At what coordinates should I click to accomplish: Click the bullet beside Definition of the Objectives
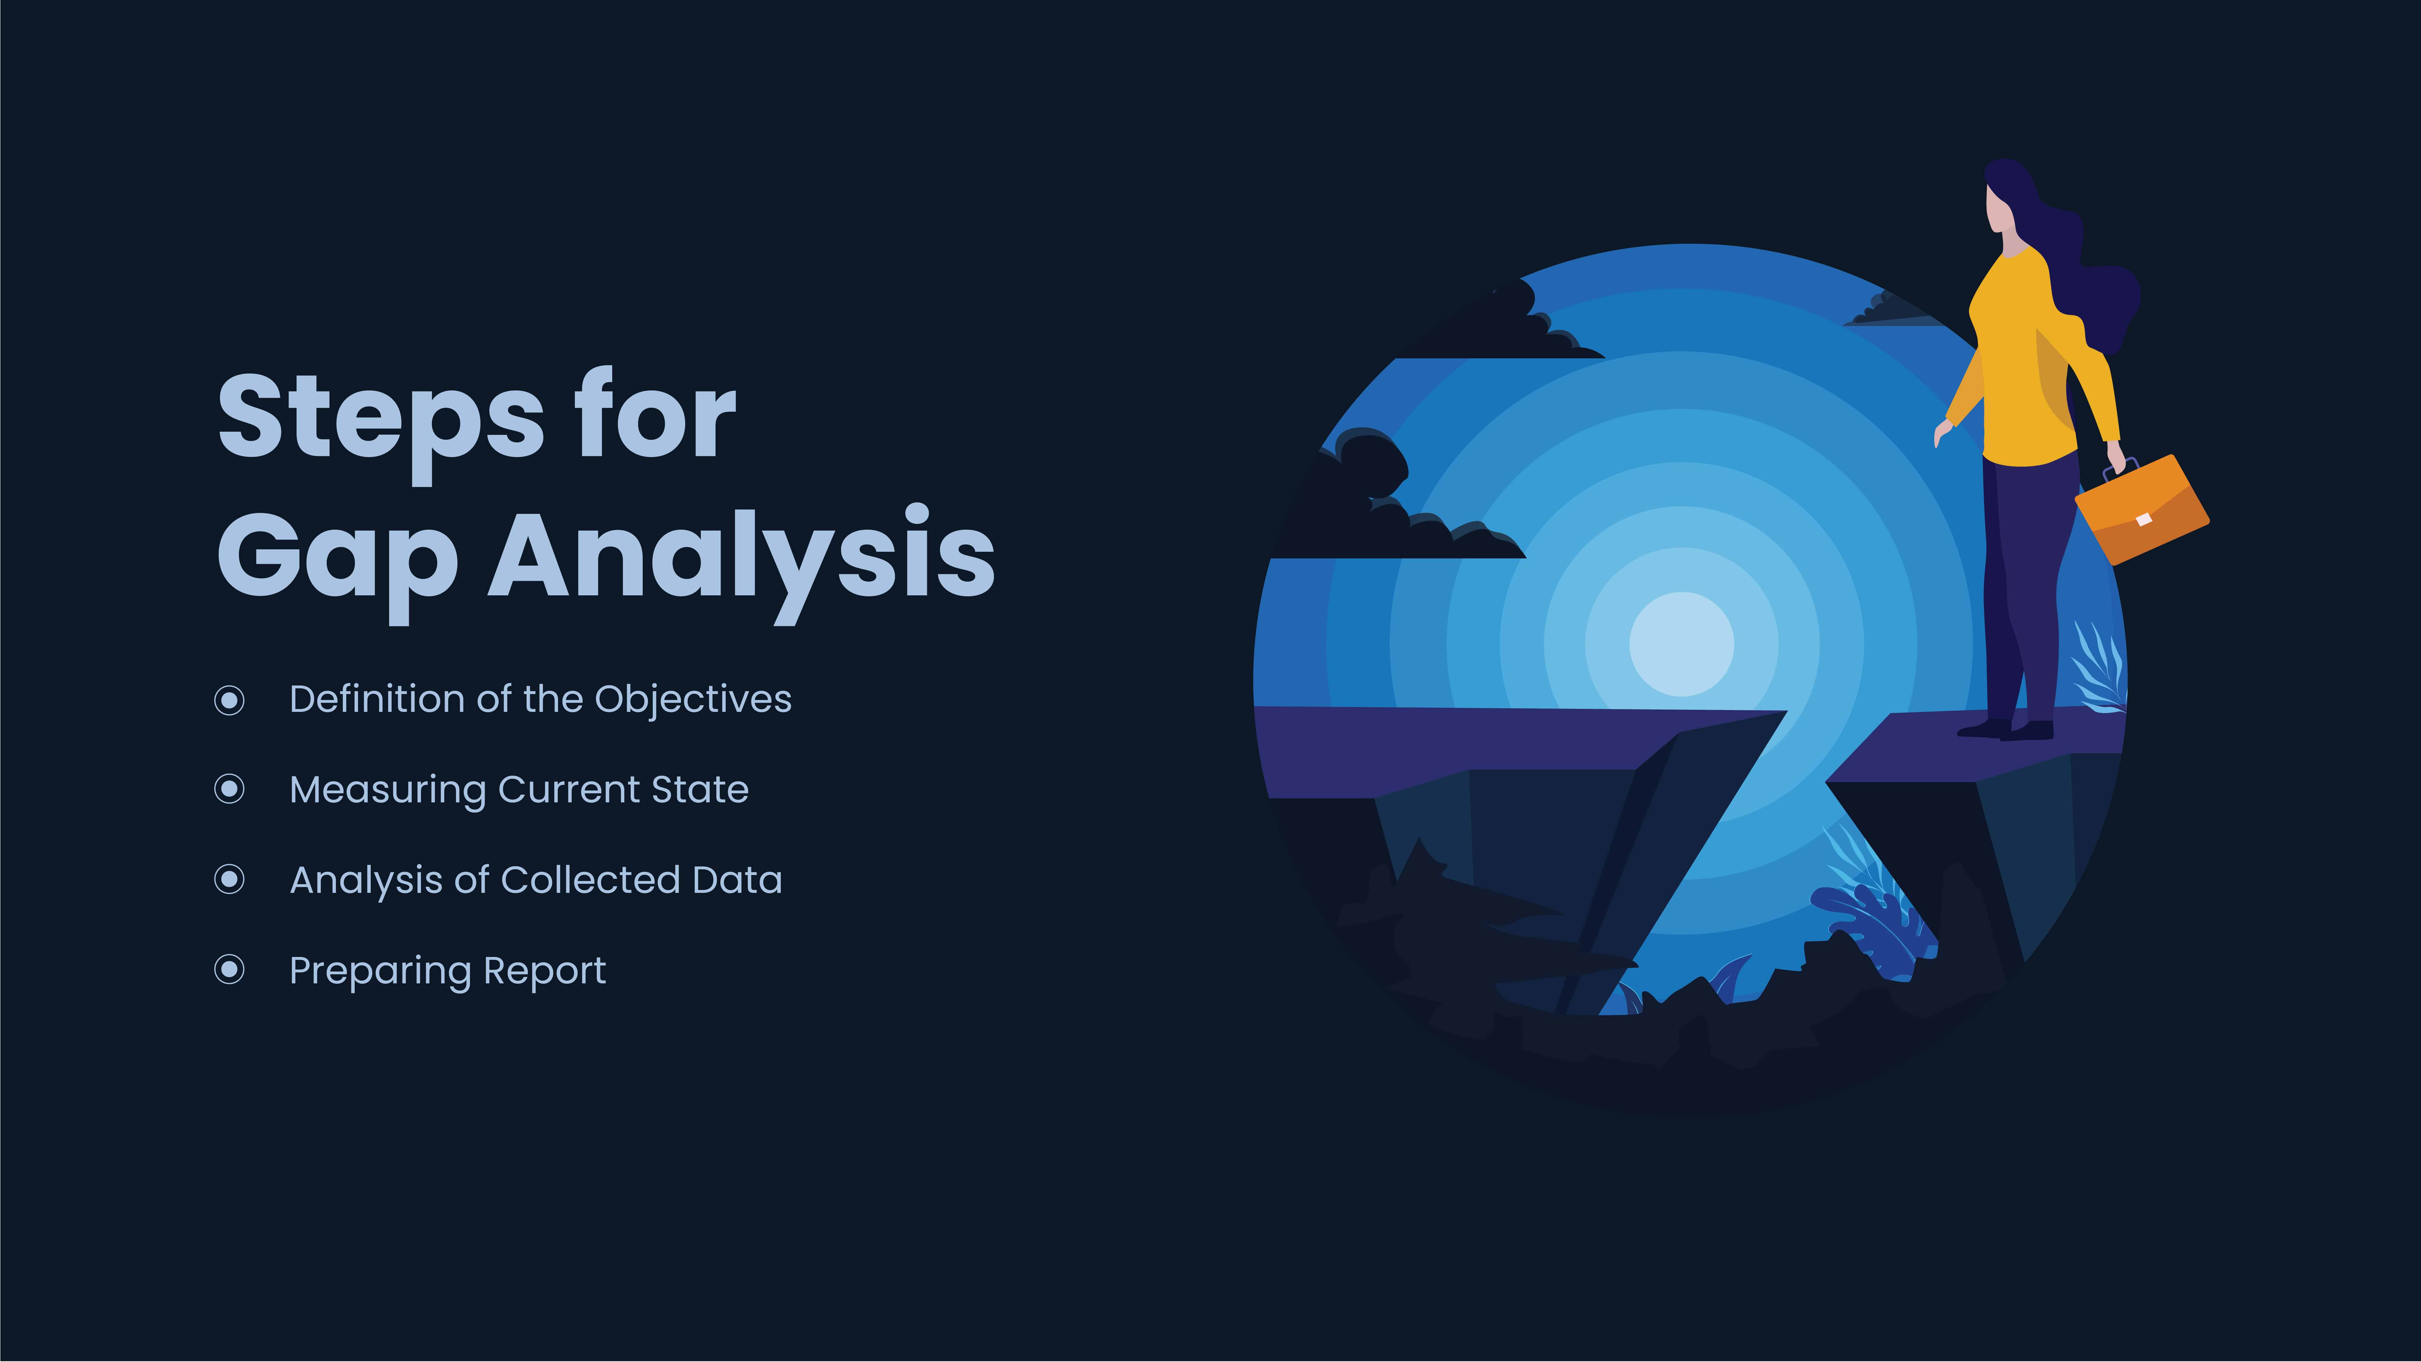point(229,700)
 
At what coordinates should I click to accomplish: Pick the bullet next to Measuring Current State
point(229,790)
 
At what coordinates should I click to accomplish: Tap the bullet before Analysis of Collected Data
point(229,880)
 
